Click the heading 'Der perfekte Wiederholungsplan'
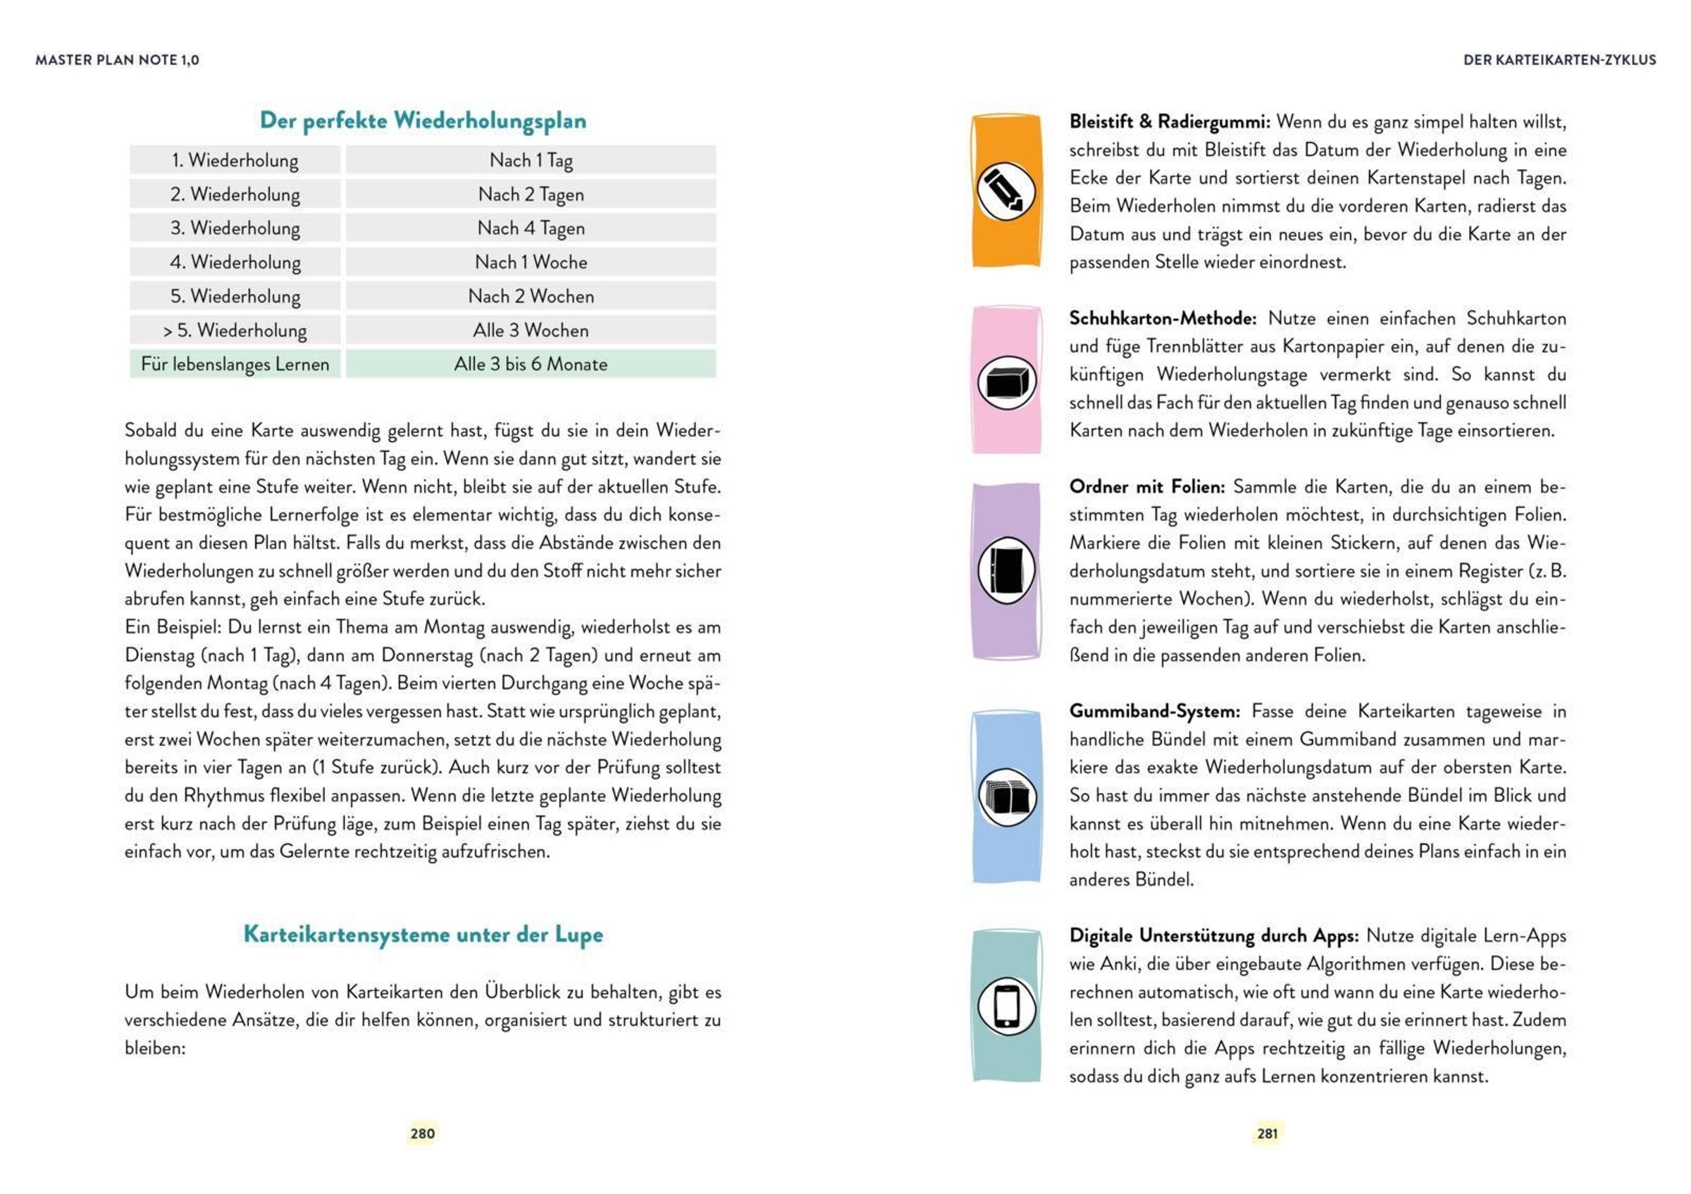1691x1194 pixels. point(423,121)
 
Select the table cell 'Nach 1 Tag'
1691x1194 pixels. point(531,160)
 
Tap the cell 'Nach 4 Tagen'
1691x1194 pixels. point(531,228)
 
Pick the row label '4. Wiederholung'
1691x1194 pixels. point(235,262)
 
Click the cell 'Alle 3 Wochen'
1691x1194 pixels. point(531,330)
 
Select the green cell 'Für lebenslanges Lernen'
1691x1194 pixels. point(235,364)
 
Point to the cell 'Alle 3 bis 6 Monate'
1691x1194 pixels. point(531,364)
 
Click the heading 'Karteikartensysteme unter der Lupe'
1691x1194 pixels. point(423,934)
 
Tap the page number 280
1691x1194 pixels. point(423,1133)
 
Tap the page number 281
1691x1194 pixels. point(1267,1133)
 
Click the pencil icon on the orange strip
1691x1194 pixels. point(1005,192)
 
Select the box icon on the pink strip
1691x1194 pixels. point(1006,381)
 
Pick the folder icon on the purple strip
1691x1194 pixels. point(1006,570)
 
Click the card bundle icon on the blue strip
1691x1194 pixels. point(1006,796)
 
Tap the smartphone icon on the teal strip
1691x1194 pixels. point(1006,1007)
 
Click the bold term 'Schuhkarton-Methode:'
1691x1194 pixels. point(1162,318)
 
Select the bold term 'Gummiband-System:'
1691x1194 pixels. point(1154,712)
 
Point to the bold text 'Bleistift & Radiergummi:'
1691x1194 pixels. point(1169,121)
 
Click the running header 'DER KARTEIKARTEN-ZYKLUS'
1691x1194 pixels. point(1559,61)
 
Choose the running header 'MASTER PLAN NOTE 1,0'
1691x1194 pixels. point(117,61)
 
